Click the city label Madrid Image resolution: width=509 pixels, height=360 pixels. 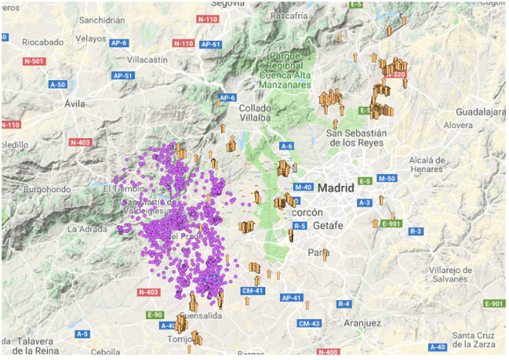point(335,187)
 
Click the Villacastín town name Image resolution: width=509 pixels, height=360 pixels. point(153,58)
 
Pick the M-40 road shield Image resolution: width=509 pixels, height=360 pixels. point(303,187)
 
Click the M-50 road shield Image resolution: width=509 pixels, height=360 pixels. point(386,179)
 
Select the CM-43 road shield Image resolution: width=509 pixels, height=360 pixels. point(308,323)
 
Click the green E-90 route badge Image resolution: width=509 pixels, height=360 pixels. point(155,315)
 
